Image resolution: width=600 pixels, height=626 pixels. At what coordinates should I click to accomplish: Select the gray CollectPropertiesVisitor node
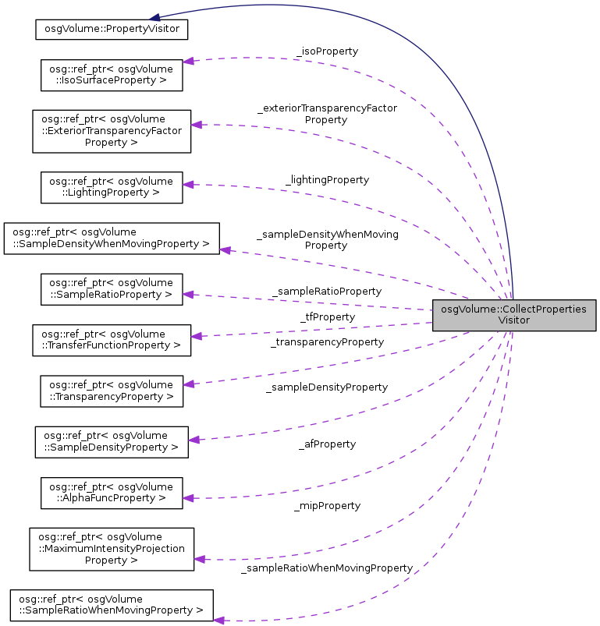click(x=514, y=314)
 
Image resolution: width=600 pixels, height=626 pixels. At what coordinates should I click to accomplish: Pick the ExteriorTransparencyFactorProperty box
click(x=111, y=130)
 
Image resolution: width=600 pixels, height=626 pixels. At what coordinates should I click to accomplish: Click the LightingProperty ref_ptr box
click(x=111, y=187)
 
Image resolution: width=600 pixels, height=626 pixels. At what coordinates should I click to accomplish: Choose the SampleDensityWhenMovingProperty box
click(x=112, y=238)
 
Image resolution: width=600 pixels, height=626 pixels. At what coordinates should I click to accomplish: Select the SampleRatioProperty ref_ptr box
click(x=111, y=288)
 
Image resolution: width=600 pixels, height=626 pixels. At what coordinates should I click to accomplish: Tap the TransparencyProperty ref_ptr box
click(x=111, y=391)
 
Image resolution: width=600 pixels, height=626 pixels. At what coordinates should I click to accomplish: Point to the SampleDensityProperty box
click(x=111, y=441)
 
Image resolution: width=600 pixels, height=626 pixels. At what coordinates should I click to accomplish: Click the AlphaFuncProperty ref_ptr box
click(x=111, y=493)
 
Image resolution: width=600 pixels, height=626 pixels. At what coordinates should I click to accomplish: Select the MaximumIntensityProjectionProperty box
click(x=111, y=549)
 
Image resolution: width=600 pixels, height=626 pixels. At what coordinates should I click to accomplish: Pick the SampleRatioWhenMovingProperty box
click(x=112, y=606)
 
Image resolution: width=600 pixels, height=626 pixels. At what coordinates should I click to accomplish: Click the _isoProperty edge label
click(x=326, y=51)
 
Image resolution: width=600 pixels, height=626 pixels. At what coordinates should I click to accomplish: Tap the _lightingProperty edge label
click(x=327, y=179)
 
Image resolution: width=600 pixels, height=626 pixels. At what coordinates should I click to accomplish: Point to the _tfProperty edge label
click(x=327, y=317)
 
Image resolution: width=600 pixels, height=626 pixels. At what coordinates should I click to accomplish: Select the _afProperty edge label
click(x=327, y=444)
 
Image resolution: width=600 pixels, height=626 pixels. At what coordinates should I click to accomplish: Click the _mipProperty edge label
click(x=327, y=505)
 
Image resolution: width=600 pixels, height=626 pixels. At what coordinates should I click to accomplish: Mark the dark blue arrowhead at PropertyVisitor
click(x=156, y=17)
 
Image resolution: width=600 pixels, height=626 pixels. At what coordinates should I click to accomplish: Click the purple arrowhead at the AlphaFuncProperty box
click(x=188, y=497)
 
